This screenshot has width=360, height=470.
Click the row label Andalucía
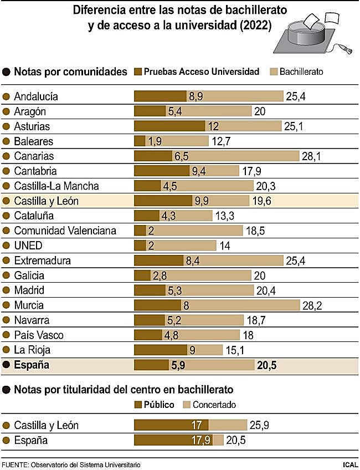tap(43, 96)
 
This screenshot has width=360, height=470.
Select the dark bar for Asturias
tap(169, 126)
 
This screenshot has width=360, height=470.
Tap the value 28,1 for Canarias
tap(311, 156)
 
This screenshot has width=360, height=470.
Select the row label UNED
tap(28, 246)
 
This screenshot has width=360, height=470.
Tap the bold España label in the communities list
tap(32, 365)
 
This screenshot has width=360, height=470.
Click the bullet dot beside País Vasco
tap(7, 335)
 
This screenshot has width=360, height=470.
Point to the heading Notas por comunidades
tap(70, 71)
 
